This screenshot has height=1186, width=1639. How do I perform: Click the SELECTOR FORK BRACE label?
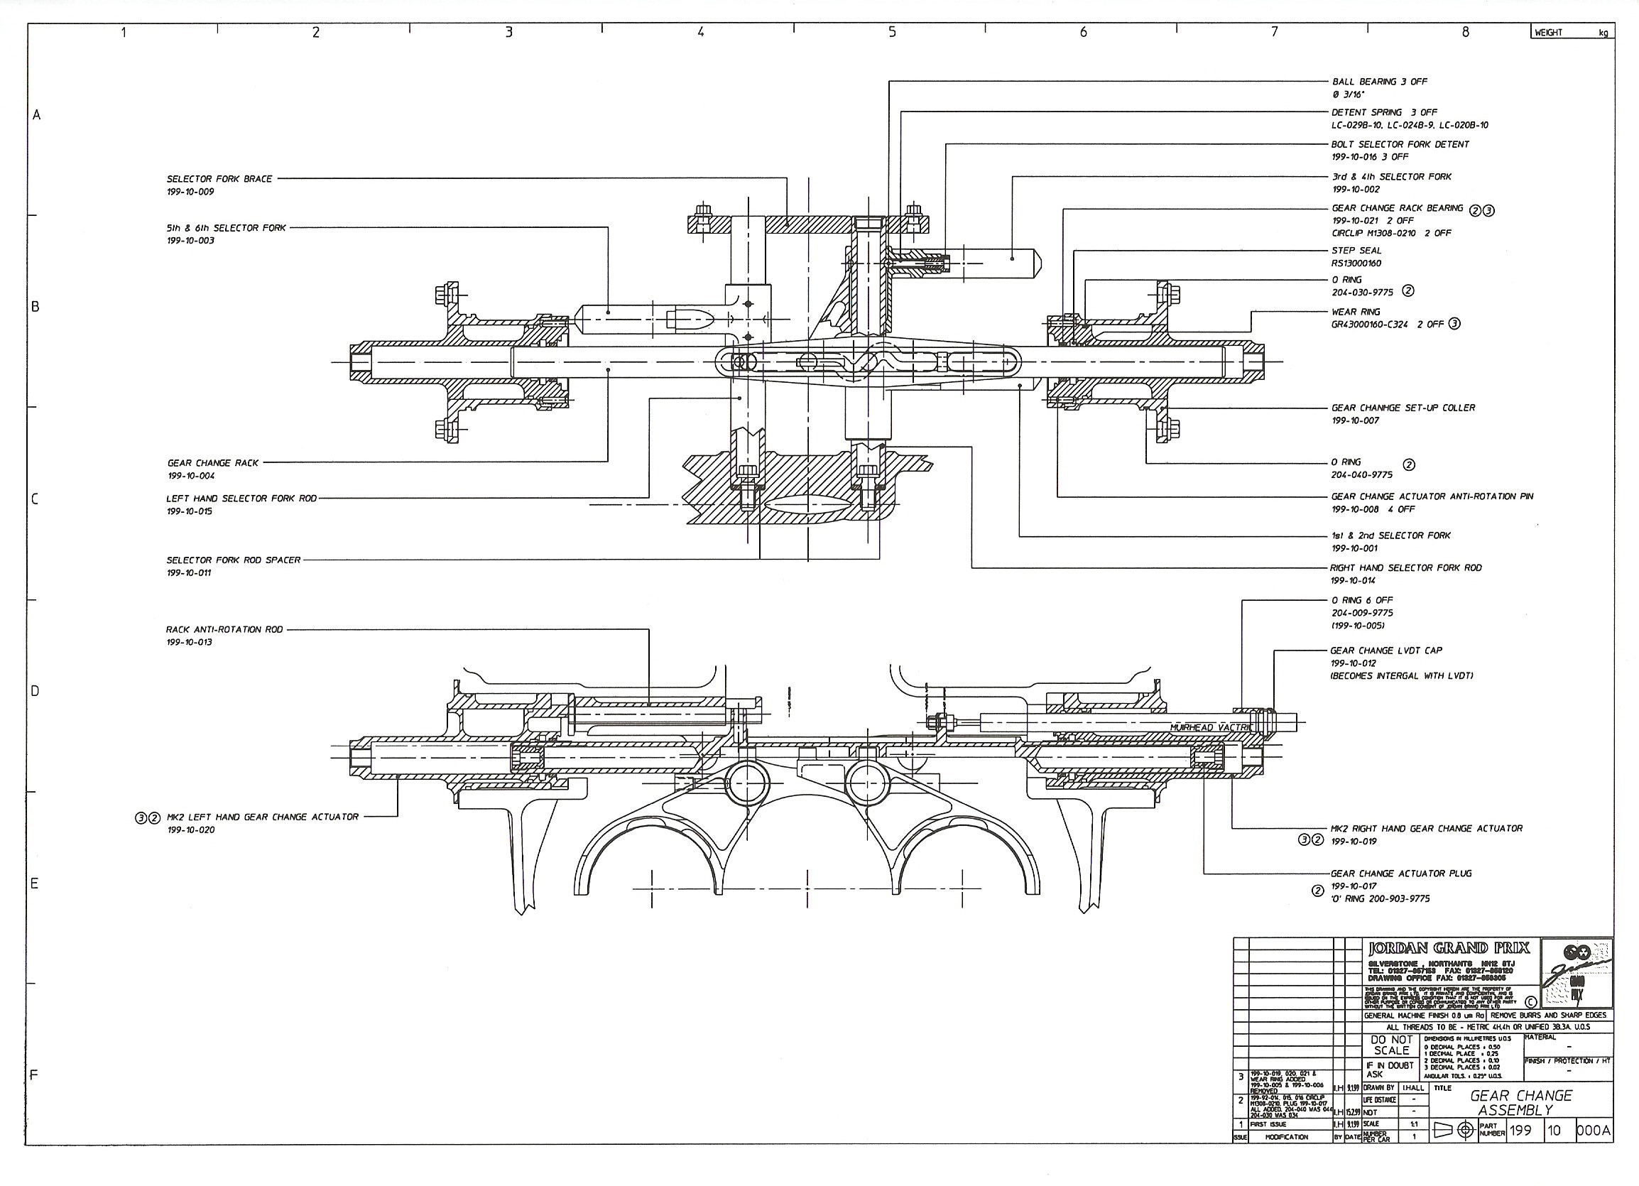[219, 179]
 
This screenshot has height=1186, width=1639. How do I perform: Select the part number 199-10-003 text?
[191, 241]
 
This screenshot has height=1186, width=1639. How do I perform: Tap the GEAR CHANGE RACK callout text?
[212, 463]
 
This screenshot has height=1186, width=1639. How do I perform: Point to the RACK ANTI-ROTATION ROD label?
[224, 629]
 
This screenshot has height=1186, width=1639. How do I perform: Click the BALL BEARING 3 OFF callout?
[1379, 82]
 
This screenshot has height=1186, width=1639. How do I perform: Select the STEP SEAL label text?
[1356, 251]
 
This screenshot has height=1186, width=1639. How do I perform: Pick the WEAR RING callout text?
[1355, 312]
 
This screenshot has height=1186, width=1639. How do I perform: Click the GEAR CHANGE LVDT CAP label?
[1385, 651]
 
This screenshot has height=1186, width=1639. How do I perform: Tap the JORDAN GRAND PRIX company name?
[1448, 947]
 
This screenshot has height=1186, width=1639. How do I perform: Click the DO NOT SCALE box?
[1391, 1045]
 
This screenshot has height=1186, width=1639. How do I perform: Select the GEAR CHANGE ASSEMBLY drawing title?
[1520, 1103]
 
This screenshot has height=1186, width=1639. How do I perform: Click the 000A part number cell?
[1594, 1131]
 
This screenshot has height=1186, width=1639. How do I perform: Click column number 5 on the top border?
[892, 32]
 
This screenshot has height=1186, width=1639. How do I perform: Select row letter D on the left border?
[34, 691]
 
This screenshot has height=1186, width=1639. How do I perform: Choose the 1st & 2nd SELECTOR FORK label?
[1390, 535]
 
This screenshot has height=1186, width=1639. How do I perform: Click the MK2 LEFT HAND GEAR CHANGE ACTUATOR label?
[262, 817]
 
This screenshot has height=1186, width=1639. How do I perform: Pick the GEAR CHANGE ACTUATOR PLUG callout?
[1400, 873]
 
